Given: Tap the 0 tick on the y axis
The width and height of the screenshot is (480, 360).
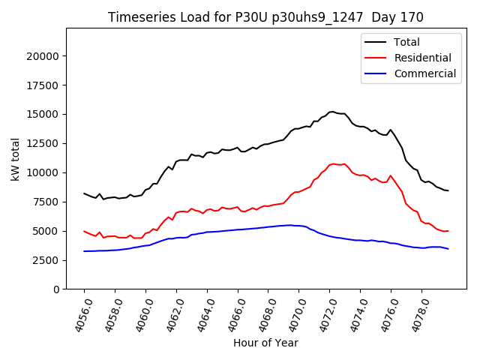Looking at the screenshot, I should (x=56, y=289).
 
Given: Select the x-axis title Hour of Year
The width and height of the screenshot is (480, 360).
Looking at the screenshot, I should (x=265, y=343).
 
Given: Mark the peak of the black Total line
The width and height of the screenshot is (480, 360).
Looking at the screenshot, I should (x=332, y=112).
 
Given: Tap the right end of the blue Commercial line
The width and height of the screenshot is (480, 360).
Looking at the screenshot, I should (x=448, y=248).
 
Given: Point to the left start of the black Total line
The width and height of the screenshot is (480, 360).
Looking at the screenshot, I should (x=84, y=193).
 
